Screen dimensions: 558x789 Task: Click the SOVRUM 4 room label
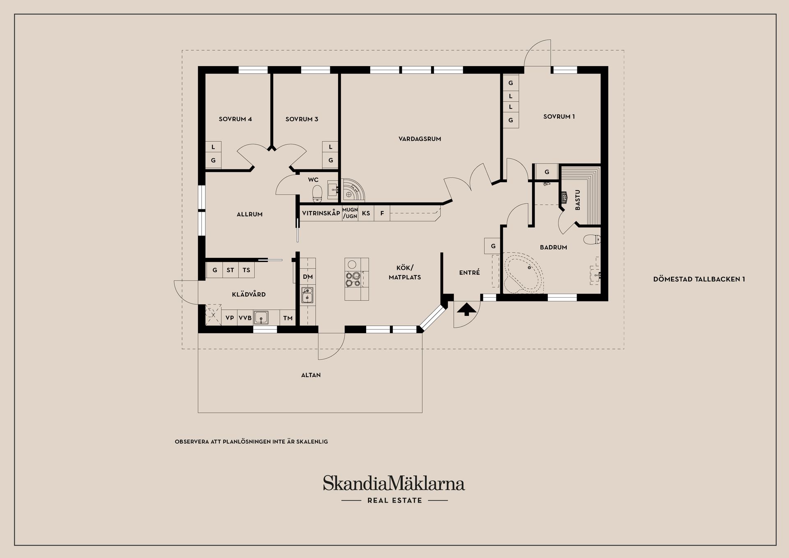pyautogui.click(x=235, y=119)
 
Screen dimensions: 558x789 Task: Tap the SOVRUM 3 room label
pyautogui.click(x=302, y=119)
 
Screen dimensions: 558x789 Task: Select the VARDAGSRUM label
pyautogui.click(x=420, y=139)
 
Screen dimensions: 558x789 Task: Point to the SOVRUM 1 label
pyautogui.click(x=559, y=117)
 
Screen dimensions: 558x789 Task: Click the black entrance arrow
pyautogui.click(x=466, y=309)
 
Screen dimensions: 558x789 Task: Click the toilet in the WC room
pyautogui.click(x=317, y=193)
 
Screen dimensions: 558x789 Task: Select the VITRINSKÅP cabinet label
pyautogui.click(x=321, y=213)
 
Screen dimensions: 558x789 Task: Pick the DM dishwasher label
pyautogui.click(x=308, y=277)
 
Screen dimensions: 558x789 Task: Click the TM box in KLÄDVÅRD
pyautogui.click(x=288, y=318)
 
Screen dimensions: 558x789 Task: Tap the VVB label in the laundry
pyautogui.click(x=245, y=318)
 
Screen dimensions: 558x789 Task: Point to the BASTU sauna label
pyautogui.click(x=577, y=200)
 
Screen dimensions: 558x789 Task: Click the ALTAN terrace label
pyautogui.click(x=311, y=375)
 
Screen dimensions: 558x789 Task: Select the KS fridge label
pyautogui.click(x=366, y=213)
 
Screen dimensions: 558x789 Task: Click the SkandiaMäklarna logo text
pyautogui.click(x=394, y=484)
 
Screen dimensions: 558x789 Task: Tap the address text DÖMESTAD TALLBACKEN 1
pyautogui.click(x=699, y=279)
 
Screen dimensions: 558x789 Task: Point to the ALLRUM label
pyautogui.click(x=249, y=214)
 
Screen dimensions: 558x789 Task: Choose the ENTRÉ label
pyautogui.click(x=469, y=273)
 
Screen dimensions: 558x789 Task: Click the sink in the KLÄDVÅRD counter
pyautogui.click(x=261, y=317)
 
